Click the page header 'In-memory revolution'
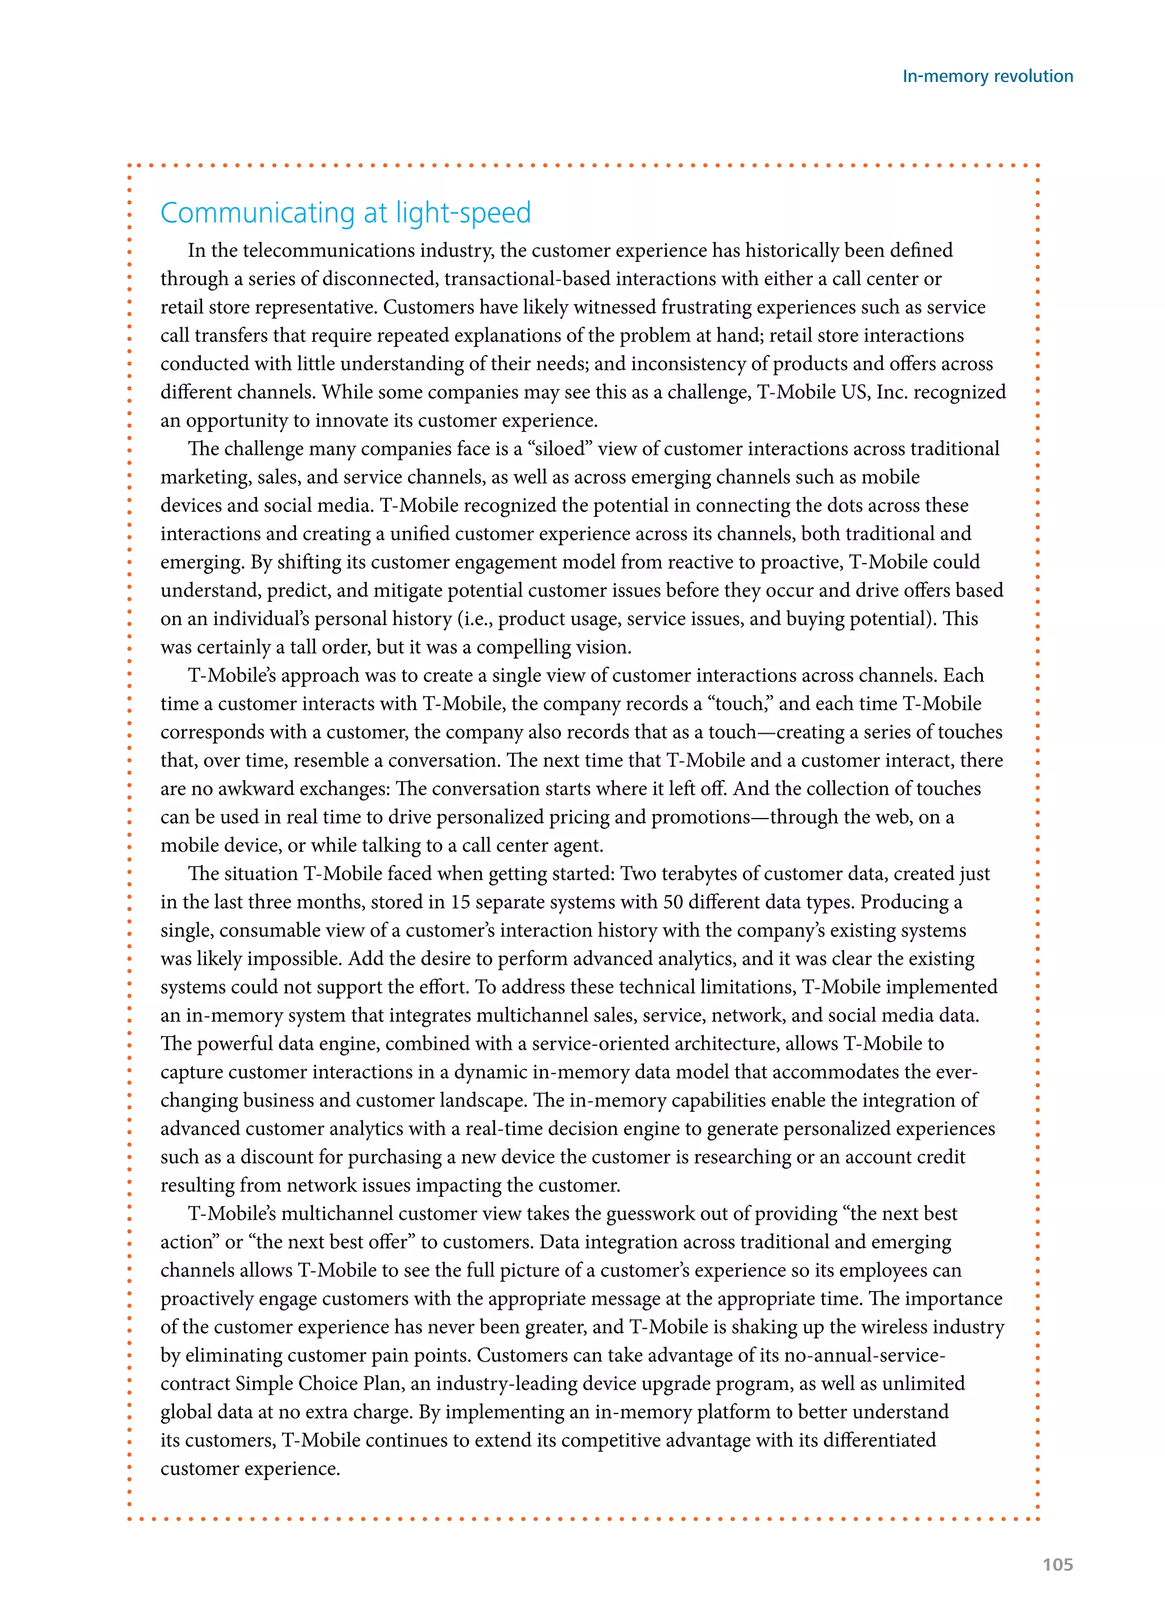point(987,76)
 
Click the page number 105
point(1057,1564)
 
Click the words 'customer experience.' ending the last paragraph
point(250,1468)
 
